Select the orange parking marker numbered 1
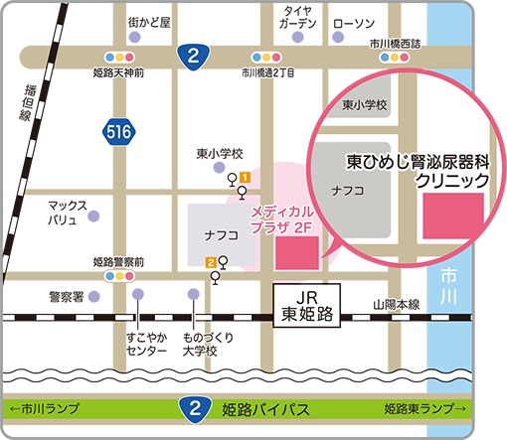coord(244,177)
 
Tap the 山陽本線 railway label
coord(397,305)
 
